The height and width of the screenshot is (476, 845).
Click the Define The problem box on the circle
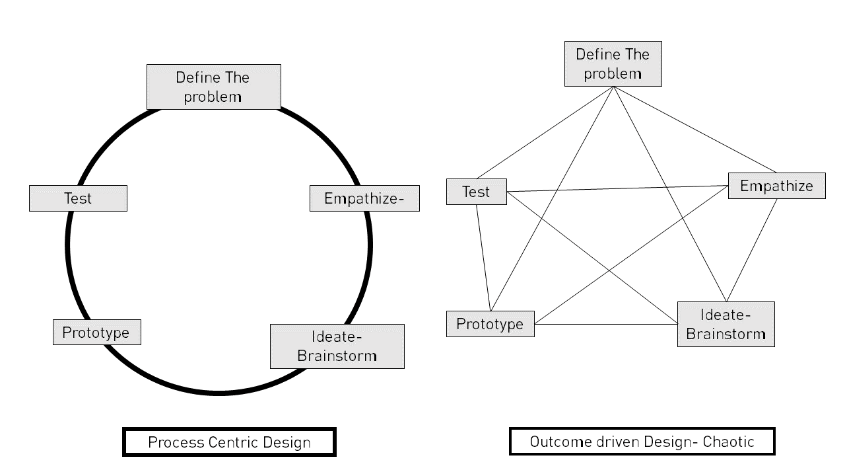213,87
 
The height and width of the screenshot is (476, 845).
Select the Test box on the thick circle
78,198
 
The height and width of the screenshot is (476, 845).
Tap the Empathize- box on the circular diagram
364,198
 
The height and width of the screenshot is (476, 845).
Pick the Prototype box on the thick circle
96,332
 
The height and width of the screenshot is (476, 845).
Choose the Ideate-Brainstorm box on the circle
337,346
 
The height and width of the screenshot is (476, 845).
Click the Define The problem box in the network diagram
613,63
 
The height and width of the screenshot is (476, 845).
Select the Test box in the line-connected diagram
476,192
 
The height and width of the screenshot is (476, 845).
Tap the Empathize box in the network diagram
776,186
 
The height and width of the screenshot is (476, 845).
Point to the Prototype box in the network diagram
490,324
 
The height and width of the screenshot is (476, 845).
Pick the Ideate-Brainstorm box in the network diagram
726,324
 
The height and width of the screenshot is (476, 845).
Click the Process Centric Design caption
229,442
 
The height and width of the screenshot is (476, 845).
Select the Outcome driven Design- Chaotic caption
642,442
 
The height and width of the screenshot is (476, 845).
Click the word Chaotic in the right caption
729,442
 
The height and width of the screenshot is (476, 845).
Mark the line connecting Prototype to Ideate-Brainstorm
606,324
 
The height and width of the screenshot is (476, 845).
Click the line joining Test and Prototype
483,258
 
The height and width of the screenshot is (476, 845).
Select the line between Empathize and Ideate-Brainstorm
751,251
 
